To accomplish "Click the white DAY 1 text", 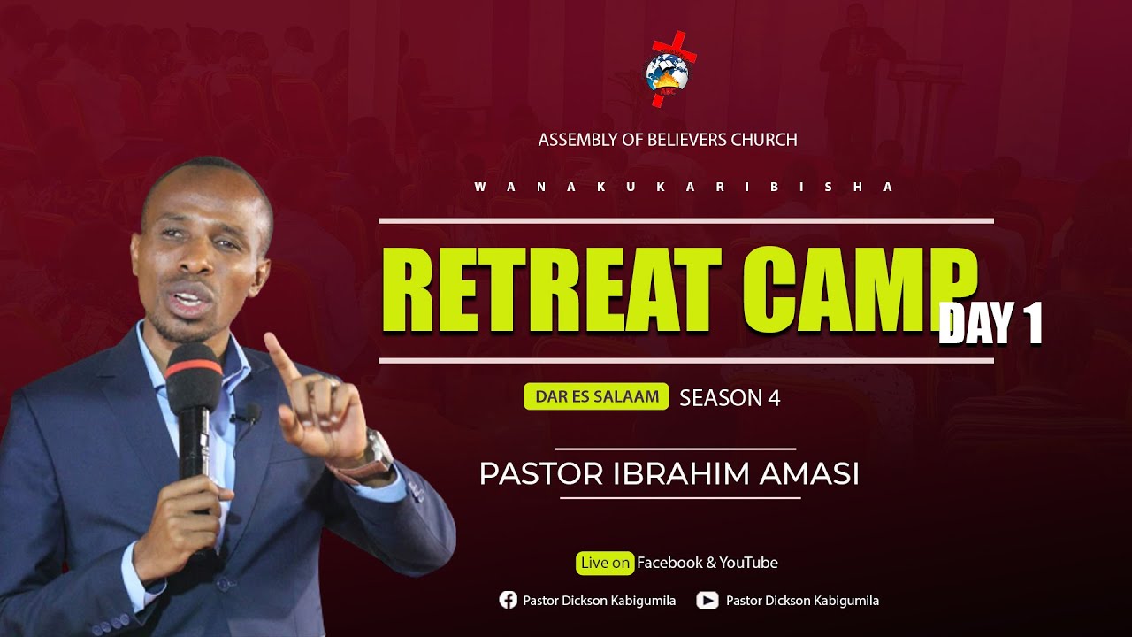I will tap(990, 323).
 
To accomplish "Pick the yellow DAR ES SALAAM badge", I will tap(596, 397).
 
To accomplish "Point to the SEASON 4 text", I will tap(730, 398).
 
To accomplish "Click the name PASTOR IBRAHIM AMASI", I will tap(669, 474).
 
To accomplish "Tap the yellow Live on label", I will tap(606, 563).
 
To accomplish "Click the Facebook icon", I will tap(509, 601).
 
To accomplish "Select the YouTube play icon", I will tap(707, 601).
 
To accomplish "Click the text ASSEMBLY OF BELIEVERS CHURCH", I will tap(668, 140).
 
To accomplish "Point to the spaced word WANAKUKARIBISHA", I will tap(685, 188).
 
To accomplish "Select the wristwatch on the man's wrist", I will tap(379, 451).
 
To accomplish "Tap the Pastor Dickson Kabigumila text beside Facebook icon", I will tap(599, 601).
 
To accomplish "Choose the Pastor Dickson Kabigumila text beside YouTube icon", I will tap(802, 601).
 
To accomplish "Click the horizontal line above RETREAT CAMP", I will tap(685, 220).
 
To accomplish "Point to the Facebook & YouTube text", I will tap(707, 563).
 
